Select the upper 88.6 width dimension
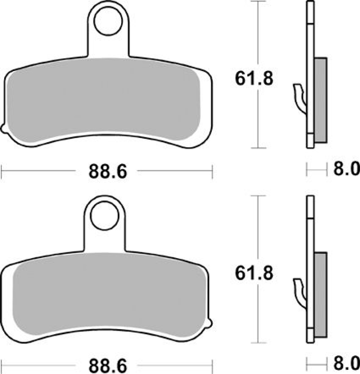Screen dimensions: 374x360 (x=108, y=172)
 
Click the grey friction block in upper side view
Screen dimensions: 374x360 (x=320, y=101)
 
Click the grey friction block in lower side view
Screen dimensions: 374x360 (x=320, y=295)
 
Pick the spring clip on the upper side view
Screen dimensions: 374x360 (x=299, y=96)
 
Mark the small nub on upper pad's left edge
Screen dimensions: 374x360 (x=3, y=128)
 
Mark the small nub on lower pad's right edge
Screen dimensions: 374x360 (x=211, y=322)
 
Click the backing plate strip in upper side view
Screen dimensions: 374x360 (x=310, y=47)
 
